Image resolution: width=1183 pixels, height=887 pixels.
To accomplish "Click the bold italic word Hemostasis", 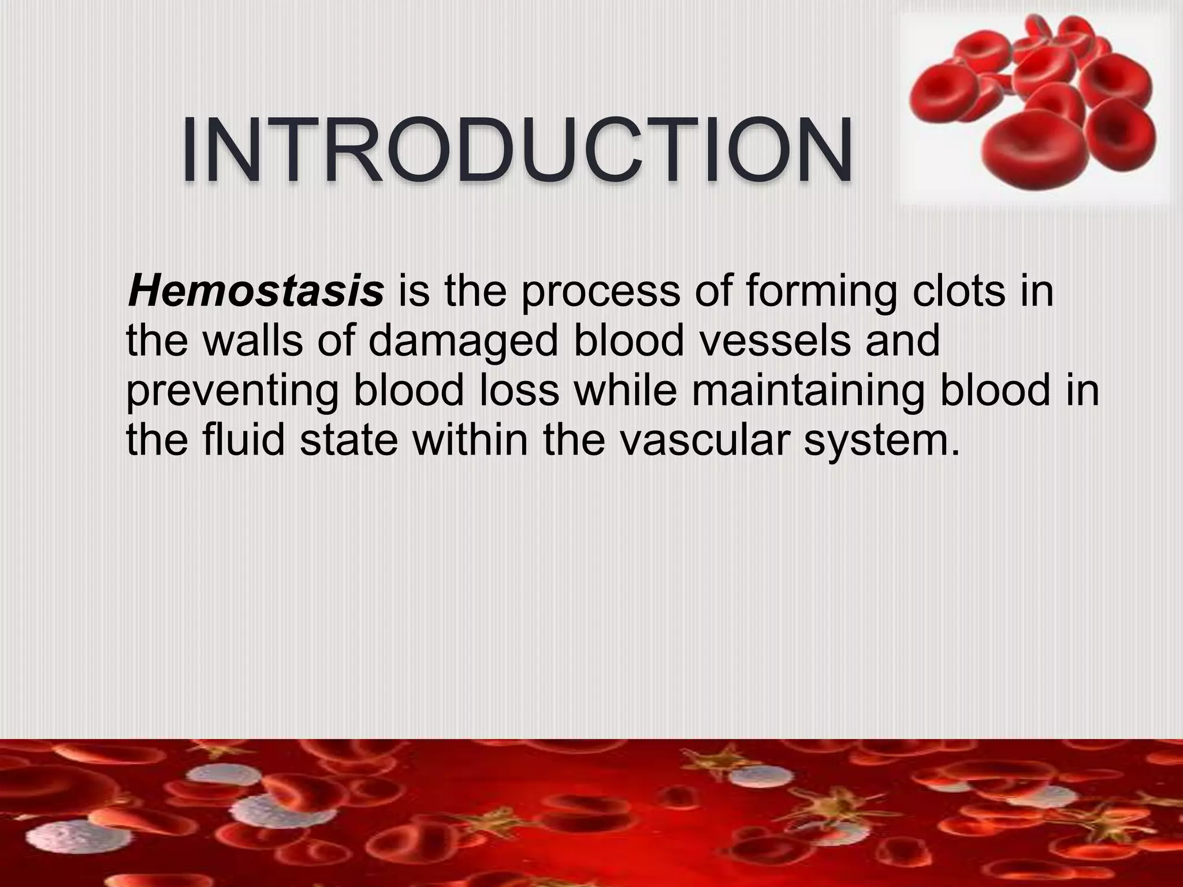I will [255, 292].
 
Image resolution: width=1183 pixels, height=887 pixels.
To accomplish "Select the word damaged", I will [463, 342].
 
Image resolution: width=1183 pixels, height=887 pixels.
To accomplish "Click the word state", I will [348, 440].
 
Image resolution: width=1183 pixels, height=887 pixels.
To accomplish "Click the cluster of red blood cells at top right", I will [1034, 104].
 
